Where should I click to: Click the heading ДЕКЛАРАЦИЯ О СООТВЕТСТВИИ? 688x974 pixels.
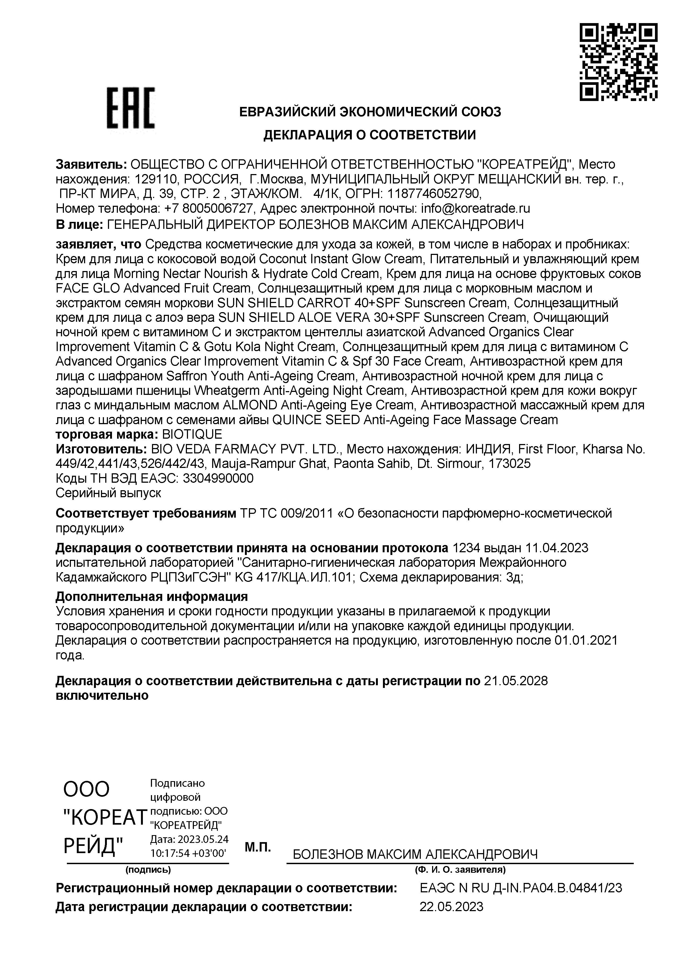370,135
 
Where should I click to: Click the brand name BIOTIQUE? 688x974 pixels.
192,434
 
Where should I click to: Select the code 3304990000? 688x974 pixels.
218,478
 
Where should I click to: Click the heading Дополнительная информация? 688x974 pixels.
151,596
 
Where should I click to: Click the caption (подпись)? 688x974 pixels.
148,870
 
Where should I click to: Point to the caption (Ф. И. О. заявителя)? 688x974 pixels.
460,870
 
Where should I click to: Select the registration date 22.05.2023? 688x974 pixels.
451,907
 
